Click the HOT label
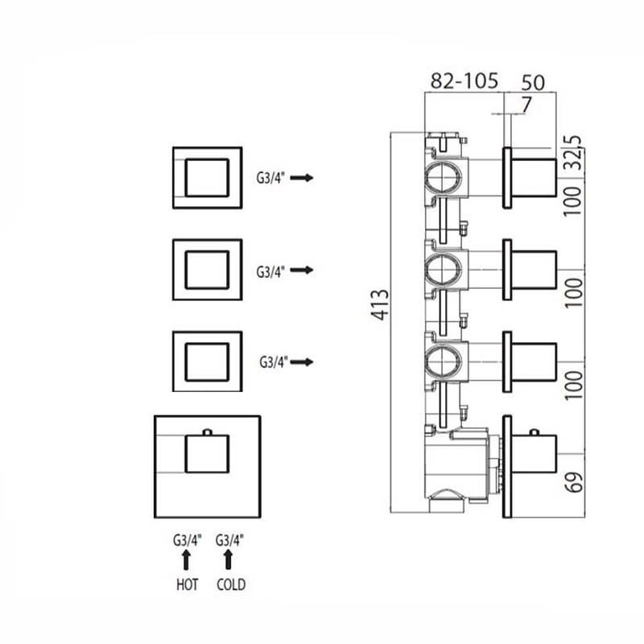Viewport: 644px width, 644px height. [x=188, y=584]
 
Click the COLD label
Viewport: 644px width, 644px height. [x=231, y=584]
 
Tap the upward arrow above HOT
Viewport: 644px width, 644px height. [x=187, y=560]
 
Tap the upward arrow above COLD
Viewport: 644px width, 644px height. [x=229, y=560]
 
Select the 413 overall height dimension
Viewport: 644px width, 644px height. [x=380, y=305]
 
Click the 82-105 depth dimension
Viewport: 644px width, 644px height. [x=464, y=80]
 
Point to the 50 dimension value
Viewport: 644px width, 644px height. [x=533, y=83]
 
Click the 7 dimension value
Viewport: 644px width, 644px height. [x=526, y=105]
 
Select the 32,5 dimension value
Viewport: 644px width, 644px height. [x=574, y=152]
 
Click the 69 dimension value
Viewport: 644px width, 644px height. [x=574, y=481]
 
